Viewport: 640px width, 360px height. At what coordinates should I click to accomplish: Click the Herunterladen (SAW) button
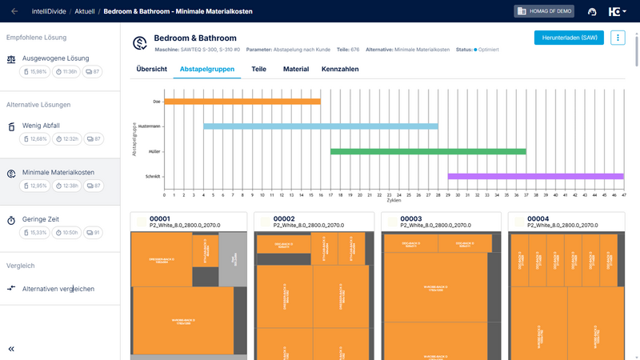pyautogui.click(x=569, y=38)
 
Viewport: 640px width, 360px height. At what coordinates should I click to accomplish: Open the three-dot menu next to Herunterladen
pyautogui.click(x=618, y=38)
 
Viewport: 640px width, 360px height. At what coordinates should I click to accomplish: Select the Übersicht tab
pyautogui.click(x=152, y=70)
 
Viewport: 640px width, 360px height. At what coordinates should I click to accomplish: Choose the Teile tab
pyautogui.click(x=258, y=70)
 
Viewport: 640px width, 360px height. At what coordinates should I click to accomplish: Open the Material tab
pyautogui.click(x=296, y=70)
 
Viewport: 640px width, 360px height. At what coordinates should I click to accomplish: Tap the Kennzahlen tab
pyautogui.click(x=340, y=70)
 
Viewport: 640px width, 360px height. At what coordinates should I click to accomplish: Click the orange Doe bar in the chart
pyautogui.click(x=242, y=102)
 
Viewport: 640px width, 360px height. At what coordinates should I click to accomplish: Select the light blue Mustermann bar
pyautogui.click(x=321, y=126)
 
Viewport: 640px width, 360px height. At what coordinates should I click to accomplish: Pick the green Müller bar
pyautogui.click(x=428, y=151)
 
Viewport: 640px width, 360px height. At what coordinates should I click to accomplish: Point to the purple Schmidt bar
pyautogui.click(x=535, y=176)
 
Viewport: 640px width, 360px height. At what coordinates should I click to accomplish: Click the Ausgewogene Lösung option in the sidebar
pyautogui.click(x=56, y=58)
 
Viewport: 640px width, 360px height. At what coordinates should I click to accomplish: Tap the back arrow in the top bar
pyautogui.click(x=14, y=11)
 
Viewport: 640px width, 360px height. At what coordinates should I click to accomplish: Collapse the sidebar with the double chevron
pyautogui.click(x=11, y=349)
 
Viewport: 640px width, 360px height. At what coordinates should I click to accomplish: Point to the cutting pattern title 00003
pyautogui.click(x=411, y=218)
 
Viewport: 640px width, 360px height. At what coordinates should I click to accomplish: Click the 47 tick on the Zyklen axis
pyautogui.click(x=623, y=194)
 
